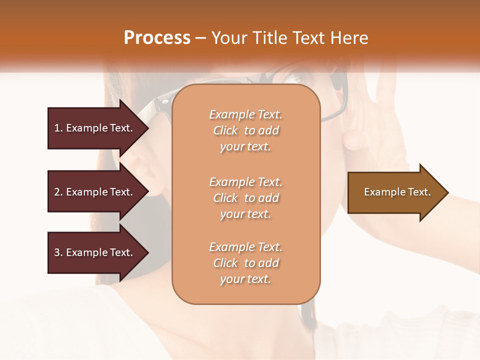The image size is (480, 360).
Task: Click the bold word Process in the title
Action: (157, 38)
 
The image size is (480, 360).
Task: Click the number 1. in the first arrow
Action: (58, 128)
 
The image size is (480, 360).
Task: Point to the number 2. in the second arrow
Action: (58, 192)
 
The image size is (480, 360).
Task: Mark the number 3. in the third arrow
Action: (58, 252)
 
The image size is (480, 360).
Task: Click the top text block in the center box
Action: (245, 130)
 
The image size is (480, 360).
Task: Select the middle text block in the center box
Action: (245, 198)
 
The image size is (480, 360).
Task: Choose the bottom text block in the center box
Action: (245, 263)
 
